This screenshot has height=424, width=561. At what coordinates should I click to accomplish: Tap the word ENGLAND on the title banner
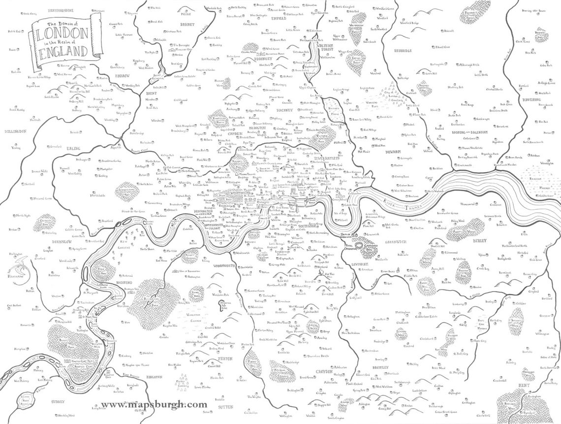tap(63, 51)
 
